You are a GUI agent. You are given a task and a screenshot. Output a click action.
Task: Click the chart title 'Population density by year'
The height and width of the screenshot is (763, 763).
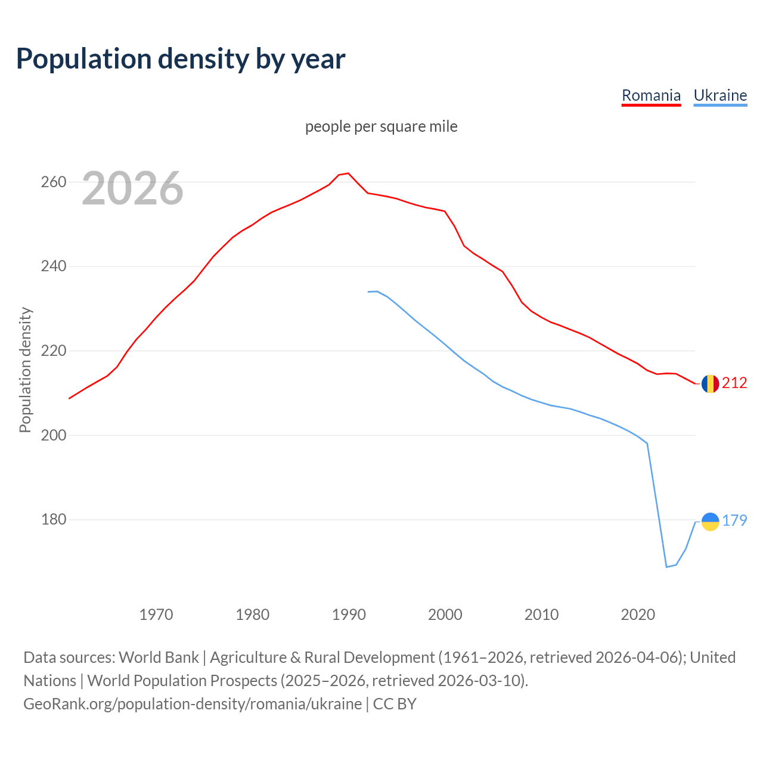[180, 58]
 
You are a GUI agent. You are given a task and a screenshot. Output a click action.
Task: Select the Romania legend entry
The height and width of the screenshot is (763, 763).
[651, 95]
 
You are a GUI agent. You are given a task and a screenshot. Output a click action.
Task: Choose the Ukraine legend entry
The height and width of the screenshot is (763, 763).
[720, 95]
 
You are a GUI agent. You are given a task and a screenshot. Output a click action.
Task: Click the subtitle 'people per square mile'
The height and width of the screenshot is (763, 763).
[381, 126]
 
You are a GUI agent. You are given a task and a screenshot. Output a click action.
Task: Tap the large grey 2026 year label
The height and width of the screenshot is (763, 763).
[132, 188]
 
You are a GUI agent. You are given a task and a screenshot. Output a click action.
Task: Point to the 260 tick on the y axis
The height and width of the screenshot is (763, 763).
[53, 182]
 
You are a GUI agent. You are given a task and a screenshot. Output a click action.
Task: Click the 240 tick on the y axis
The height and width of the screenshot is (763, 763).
[53, 266]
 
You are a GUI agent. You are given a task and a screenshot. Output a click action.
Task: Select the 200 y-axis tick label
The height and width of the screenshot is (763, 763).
[53, 435]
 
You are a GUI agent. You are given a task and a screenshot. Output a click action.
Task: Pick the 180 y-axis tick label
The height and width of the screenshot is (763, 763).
[53, 520]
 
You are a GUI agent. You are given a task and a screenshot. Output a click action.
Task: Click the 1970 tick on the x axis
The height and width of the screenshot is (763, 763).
[156, 614]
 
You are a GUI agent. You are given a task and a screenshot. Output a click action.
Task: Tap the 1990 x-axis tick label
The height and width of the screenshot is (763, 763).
[349, 614]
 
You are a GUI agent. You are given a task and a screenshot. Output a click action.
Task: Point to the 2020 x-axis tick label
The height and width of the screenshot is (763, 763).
[638, 614]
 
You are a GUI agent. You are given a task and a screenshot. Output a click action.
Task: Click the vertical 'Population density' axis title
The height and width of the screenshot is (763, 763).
[25, 370]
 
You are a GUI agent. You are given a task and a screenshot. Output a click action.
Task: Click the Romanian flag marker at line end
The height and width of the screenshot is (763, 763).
[710, 384]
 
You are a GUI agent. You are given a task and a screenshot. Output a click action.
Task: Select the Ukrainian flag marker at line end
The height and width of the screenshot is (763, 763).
[710, 522]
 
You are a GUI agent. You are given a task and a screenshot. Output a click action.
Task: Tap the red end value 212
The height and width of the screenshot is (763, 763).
[734, 383]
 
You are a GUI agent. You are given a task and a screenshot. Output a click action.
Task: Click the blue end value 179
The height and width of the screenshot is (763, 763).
[734, 520]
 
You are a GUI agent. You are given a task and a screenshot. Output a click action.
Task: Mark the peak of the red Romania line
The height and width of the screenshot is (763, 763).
[348, 173]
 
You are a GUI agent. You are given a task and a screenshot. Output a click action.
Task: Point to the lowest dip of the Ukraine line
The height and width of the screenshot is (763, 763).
[666, 567]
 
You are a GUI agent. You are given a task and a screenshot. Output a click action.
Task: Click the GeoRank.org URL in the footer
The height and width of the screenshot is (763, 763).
[193, 704]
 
